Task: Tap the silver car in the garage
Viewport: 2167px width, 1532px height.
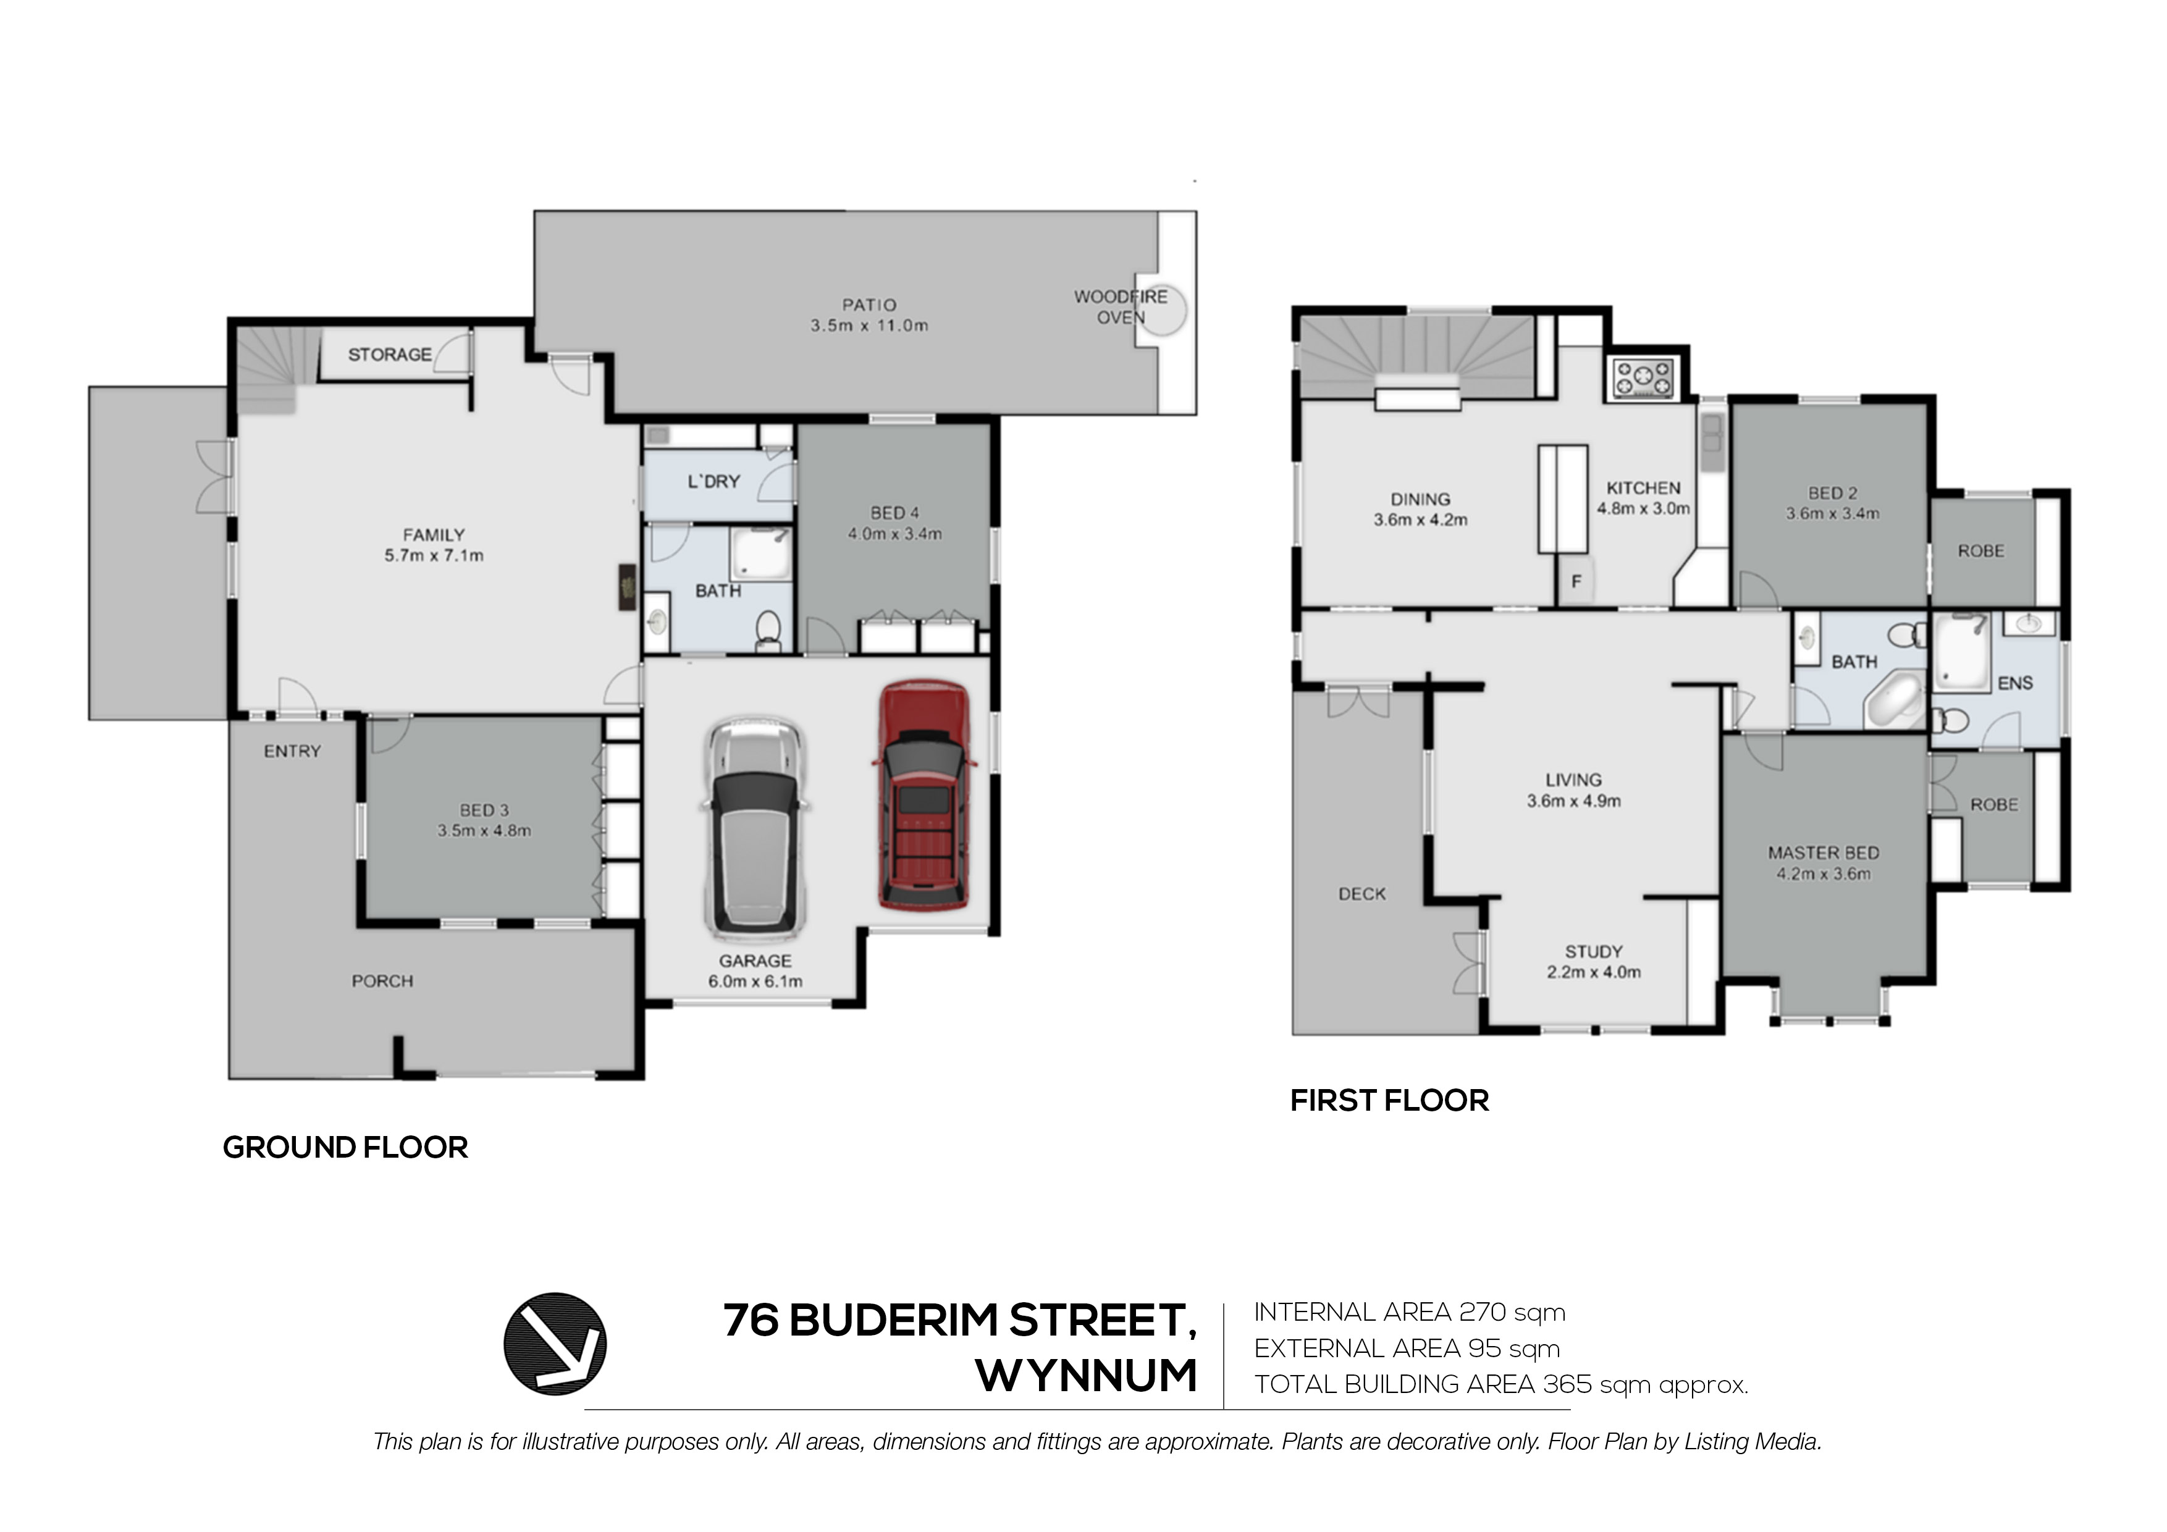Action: click(754, 829)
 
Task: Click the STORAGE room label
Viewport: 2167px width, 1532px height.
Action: click(390, 355)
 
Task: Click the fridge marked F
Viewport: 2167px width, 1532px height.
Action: click(1575, 581)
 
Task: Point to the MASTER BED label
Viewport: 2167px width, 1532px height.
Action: click(1824, 852)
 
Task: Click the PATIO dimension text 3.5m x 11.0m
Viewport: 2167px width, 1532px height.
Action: click(869, 326)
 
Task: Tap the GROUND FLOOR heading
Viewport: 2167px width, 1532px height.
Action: click(345, 1147)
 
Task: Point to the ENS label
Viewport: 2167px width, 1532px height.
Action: click(2015, 683)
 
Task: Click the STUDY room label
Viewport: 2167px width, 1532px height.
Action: click(1593, 951)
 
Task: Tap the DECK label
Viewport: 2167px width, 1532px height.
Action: click(1362, 894)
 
